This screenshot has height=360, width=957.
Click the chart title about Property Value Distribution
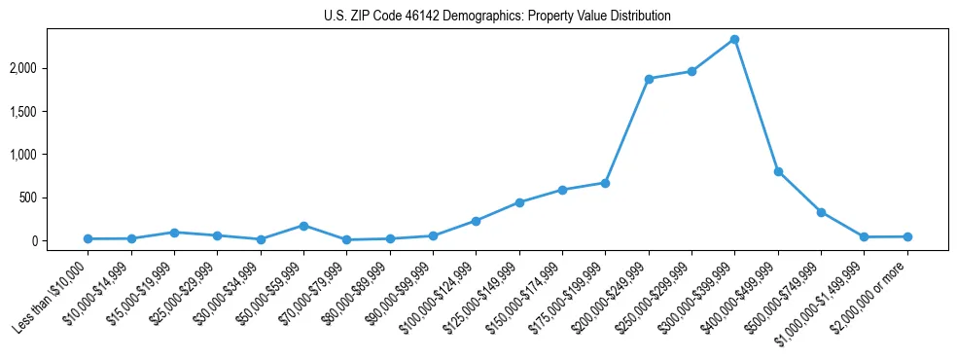point(497,16)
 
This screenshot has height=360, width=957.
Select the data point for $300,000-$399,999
point(734,40)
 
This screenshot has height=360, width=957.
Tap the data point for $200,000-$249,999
point(648,79)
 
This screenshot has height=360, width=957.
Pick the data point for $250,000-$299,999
point(691,71)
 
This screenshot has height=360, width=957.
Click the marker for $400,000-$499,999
point(777,171)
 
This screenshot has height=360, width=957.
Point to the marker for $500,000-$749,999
point(821,212)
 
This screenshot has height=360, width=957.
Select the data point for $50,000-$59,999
point(303,226)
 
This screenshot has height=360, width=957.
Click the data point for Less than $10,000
point(88,238)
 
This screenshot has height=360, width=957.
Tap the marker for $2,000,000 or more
point(906,236)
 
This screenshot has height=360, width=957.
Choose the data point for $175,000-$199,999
point(605,183)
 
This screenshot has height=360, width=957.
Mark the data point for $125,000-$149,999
point(519,202)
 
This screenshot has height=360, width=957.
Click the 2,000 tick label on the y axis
point(50,68)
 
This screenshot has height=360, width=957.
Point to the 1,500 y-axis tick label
point(50,112)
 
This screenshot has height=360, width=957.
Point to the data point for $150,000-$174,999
point(562,190)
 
